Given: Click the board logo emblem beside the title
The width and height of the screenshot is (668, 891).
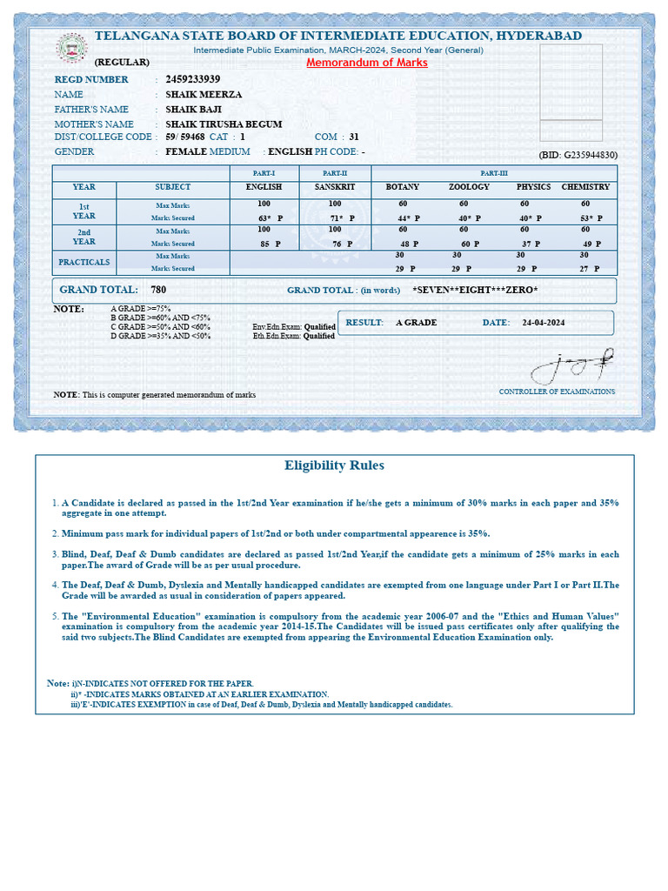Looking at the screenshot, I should coord(72,48).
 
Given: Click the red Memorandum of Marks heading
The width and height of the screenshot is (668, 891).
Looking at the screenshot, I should coord(367,63).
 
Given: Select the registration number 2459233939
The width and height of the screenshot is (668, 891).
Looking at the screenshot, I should coord(192,79).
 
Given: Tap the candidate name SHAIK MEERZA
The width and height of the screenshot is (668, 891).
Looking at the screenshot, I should coord(204,94).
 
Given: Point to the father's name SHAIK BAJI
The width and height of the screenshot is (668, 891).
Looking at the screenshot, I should coord(193,110).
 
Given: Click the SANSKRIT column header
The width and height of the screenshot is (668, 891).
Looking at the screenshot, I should coord(335,187).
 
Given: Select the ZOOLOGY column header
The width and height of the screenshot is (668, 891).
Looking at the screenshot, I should coord(469,187).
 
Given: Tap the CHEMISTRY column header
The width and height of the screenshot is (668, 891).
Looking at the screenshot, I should coord(585,187).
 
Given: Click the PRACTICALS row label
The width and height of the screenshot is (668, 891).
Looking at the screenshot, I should coord(83,262).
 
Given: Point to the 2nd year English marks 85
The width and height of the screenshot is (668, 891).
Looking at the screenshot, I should coord(264,245).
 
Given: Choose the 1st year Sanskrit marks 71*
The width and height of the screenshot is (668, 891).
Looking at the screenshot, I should coord(337,218).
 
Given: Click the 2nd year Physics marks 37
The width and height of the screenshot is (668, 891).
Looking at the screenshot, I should coord(526,245).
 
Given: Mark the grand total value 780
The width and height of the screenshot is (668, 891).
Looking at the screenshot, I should coord(158,290).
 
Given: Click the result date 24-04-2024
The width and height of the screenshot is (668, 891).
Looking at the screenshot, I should coord(544,323).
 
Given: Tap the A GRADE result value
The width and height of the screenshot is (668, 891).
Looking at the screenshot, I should coord(416,323).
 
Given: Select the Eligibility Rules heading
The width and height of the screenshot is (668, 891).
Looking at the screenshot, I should coord(334,466).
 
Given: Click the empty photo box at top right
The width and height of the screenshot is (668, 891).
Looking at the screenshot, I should coord(571,92).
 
